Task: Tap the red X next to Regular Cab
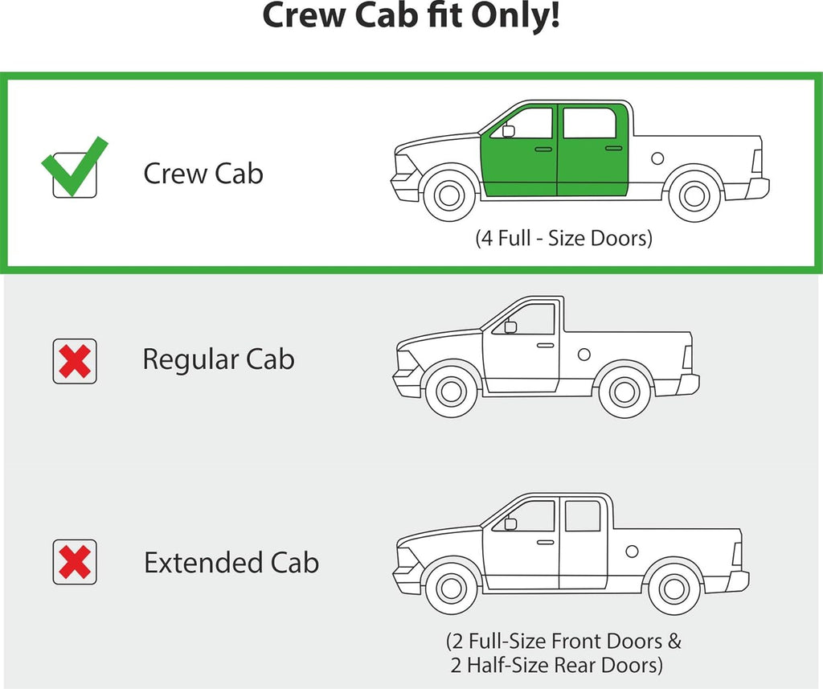[75, 361]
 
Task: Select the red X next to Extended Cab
[75, 562]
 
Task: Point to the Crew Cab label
[203, 174]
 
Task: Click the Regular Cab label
[219, 359]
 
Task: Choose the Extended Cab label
[231, 562]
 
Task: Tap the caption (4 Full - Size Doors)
[563, 238]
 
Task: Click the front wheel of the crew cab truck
[449, 195]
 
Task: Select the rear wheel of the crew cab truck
[694, 196]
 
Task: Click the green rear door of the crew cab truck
[592, 150]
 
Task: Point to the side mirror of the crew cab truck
[508, 131]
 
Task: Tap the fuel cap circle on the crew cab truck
[657, 158]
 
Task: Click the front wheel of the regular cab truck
[452, 392]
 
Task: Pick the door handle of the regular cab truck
[546, 346]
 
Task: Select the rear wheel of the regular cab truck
[624, 392]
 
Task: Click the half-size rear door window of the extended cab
[583, 515]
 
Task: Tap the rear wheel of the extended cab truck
[674, 589]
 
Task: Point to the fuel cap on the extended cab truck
[632, 552]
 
